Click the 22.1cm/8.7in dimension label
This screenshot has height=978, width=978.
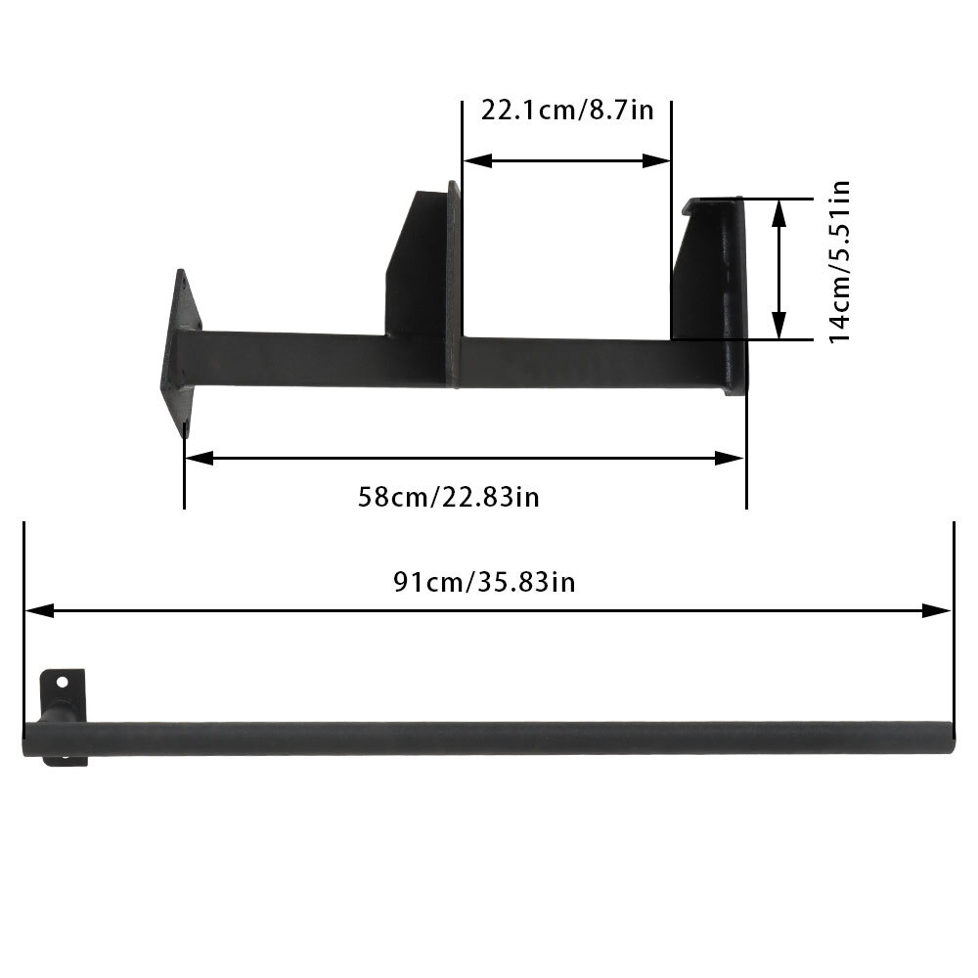coord(566,109)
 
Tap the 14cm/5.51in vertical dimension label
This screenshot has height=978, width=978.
coord(839,262)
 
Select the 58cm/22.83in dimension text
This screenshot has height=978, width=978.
coord(449,497)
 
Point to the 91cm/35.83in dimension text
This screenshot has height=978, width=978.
coord(484,583)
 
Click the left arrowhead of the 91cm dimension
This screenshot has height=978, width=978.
coord(37,610)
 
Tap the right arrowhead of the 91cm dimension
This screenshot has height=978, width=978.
coord(938,610)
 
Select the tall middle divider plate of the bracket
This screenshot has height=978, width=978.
coord(453,284)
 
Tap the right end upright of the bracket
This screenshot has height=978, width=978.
coord(724,293)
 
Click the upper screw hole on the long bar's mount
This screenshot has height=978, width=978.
coord(62,682)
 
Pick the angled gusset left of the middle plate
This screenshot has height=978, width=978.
coord(417,264)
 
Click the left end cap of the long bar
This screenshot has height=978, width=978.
coord(29,739)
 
